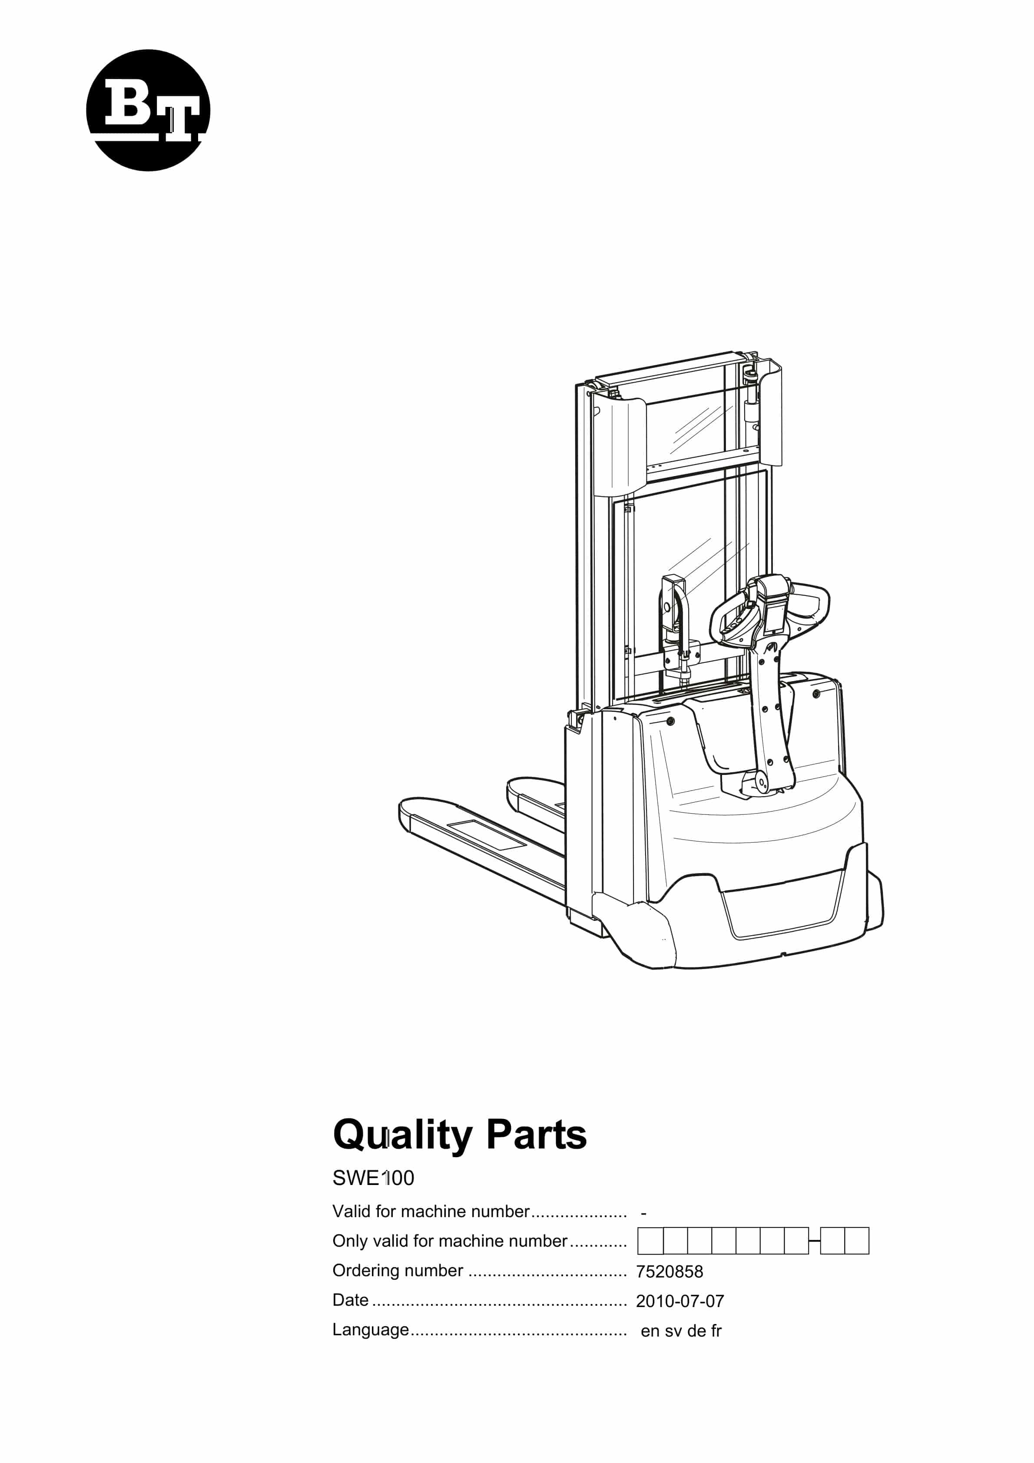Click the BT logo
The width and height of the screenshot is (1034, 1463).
148,110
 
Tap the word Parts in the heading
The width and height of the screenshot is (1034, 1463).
536,1134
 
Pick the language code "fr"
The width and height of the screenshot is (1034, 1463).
716,1331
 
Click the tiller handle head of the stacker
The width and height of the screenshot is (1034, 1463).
770,610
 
